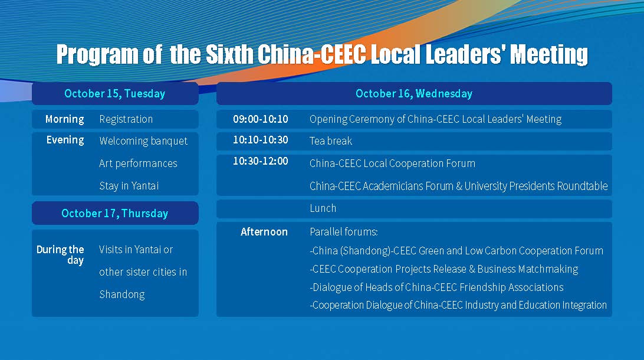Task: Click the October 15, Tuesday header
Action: [114, 94]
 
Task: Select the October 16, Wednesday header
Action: [414, 94]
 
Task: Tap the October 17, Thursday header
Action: [114, 213]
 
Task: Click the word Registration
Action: [126, 120]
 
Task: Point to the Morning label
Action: [64, 119]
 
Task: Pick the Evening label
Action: [65, 140]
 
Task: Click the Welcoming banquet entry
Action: [143, 141]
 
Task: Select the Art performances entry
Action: [138, 163]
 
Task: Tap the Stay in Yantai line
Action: [129, 186]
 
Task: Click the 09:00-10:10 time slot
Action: [261, 119]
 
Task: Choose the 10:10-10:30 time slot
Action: [261, 140]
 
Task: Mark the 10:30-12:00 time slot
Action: [261, 161]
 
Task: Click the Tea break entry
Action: [331, 141]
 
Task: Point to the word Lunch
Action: [323, 208]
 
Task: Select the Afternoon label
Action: [264, 232]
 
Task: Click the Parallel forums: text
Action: [343, 232]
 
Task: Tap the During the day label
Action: [60, 255]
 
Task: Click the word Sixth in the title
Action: [229, 54]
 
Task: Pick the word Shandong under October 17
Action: [122, 294]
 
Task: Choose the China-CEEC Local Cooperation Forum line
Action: [392, 163]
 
